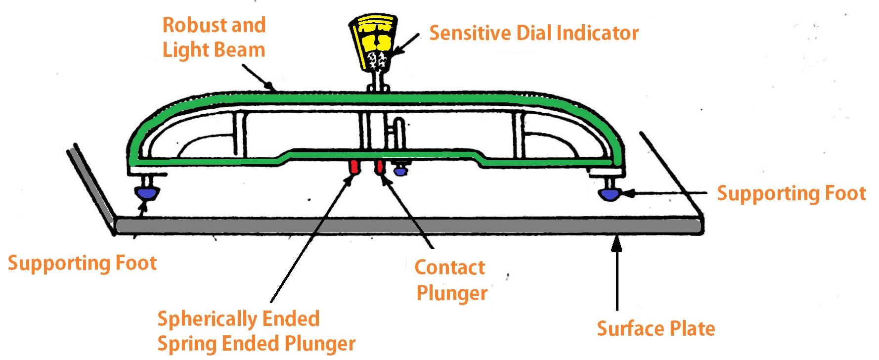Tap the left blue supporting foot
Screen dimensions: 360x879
pos(147,192)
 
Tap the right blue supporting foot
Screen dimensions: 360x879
pos(609,193)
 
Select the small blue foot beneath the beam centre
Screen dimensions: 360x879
pos(400,171)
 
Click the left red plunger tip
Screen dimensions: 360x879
pos(354,167)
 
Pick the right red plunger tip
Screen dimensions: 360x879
pos(379,166)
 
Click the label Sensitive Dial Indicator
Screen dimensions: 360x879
pos(533,33)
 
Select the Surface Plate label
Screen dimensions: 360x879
pos(656,329)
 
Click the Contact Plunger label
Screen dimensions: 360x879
pos(450,280)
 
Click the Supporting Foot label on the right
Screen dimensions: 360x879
pos(791,193)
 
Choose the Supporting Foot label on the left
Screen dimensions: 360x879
pos(82,263)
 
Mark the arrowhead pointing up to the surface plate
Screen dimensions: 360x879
pos(616,244)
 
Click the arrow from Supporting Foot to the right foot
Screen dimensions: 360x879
pos(667,193)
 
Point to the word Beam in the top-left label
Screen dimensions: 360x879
pos(242,50)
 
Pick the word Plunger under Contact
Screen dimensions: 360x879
pos(452,293)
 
